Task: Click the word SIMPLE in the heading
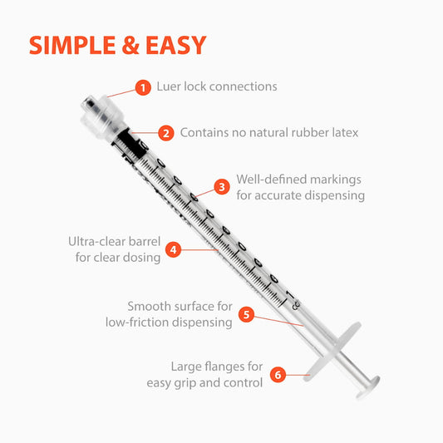point(71,45)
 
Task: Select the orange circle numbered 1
point(143,87)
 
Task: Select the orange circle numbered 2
point(166,133)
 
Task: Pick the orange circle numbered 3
point(222,187)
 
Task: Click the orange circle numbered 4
point(174,249)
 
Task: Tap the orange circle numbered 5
point(246,314)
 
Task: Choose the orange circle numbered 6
point(278,374)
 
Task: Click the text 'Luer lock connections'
point(217,86)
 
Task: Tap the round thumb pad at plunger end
point(364,386)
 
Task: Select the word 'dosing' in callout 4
point(140,258)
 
